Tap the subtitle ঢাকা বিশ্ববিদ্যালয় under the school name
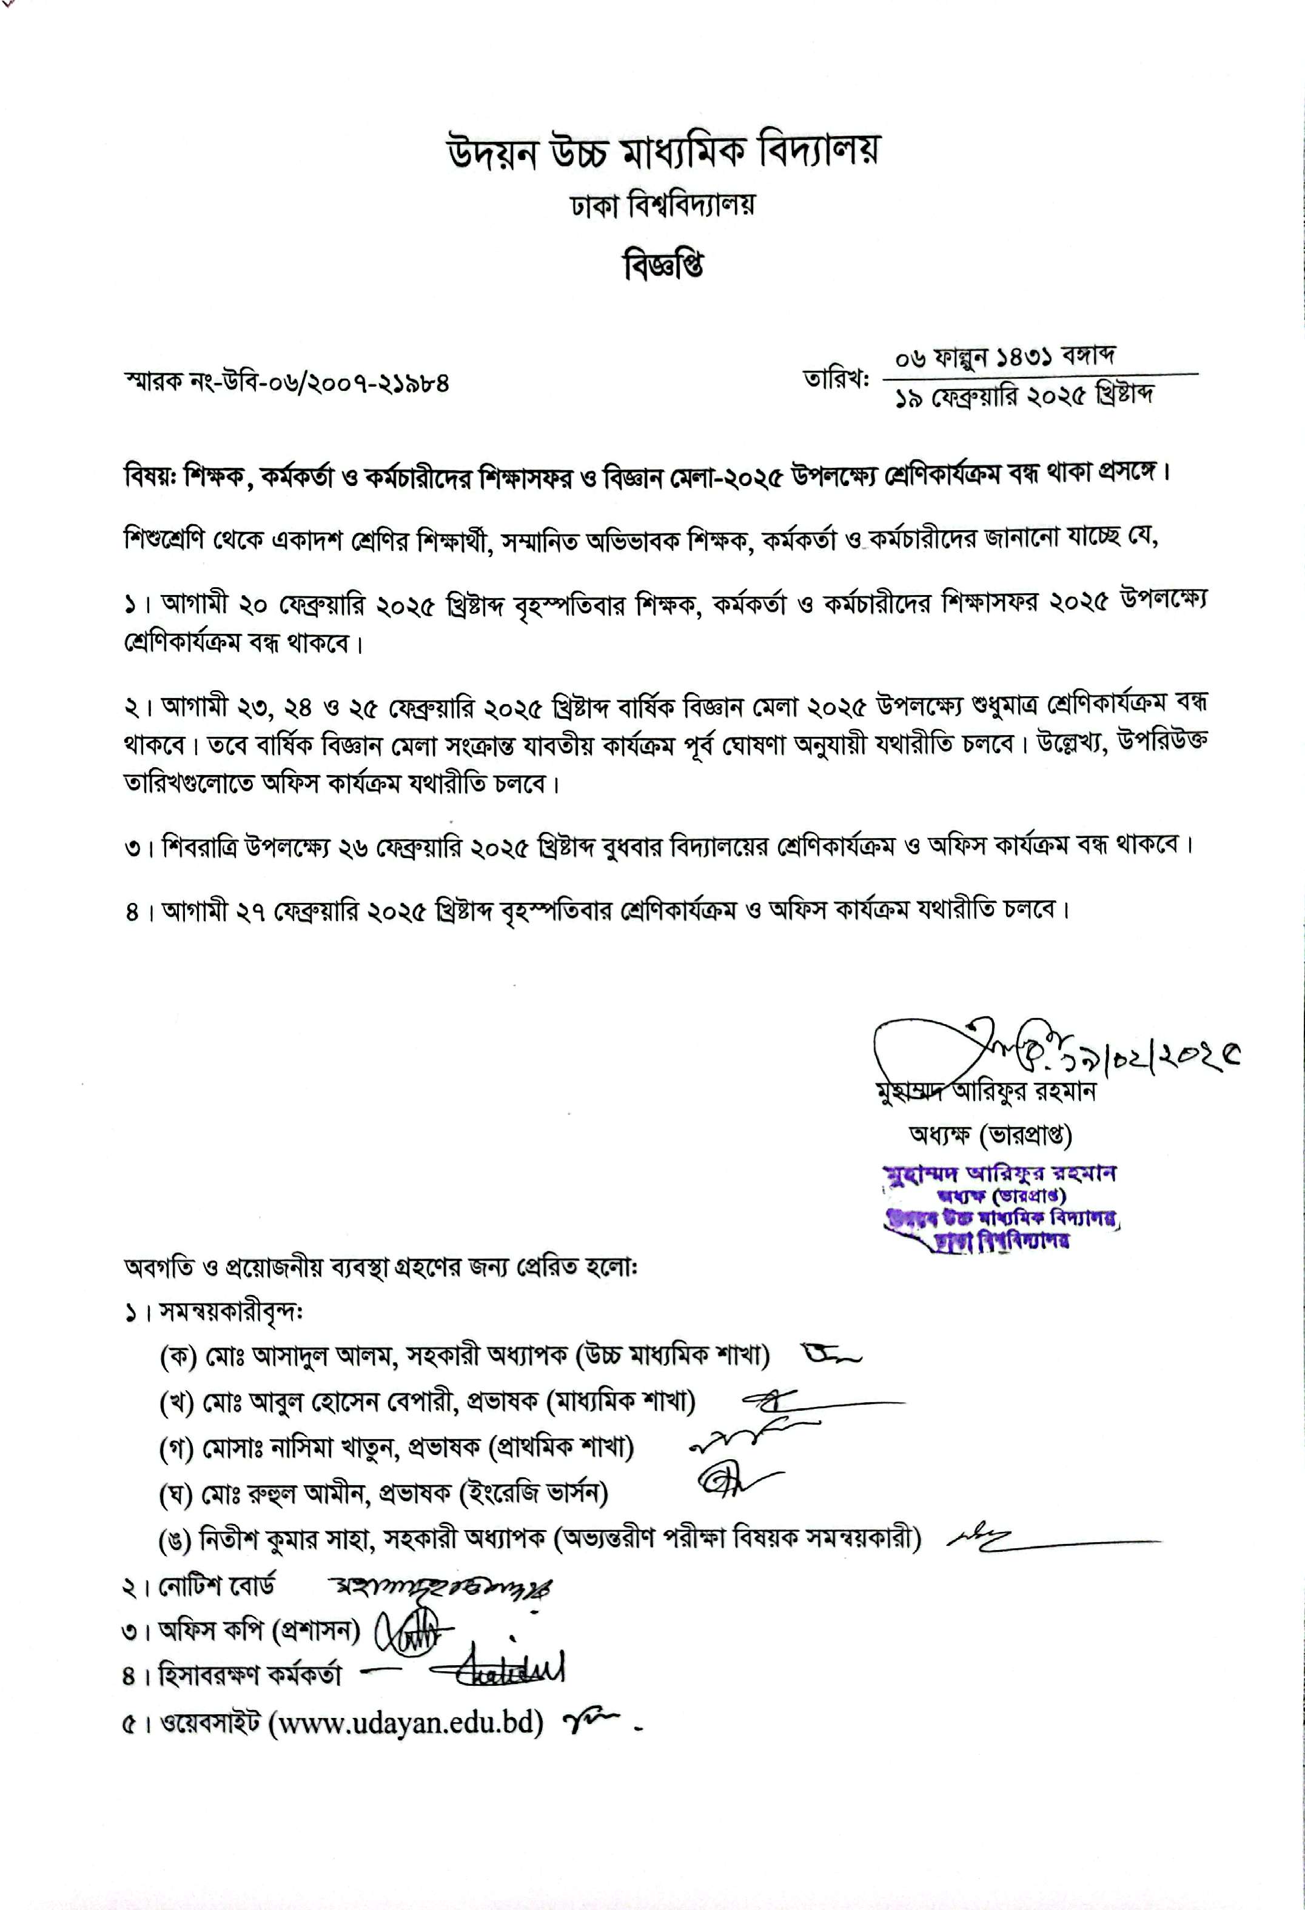663,205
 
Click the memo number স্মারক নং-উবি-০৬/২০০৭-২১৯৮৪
286,383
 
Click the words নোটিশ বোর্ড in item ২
217,1586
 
